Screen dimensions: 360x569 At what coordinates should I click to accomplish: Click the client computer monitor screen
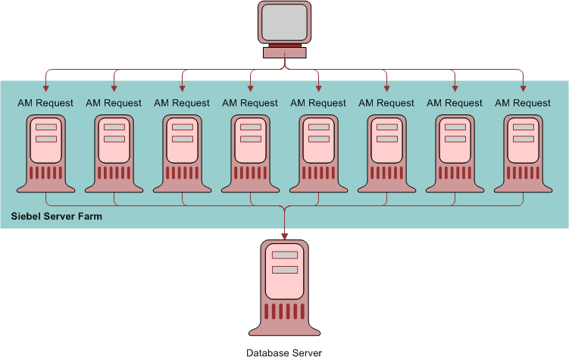284,22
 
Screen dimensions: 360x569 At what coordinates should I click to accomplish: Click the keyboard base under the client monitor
284,52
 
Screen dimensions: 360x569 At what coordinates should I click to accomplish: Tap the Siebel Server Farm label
57,217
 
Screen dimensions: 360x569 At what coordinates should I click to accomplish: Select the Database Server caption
284,352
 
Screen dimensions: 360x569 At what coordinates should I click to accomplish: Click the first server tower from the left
45,152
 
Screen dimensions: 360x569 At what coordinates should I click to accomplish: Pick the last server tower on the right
523,152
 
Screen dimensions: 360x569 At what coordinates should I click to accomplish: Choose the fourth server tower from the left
250,152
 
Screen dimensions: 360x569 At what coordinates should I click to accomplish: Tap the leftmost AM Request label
45,103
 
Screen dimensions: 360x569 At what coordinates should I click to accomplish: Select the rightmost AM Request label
523,103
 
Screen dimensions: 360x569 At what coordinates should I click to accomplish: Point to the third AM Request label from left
182,103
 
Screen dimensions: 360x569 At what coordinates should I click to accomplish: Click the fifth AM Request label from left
318,103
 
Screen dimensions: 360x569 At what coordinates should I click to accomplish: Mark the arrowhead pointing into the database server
284,234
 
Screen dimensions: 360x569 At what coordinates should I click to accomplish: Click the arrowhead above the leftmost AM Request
45,85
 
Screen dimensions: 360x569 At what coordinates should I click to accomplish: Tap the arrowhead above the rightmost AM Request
523,85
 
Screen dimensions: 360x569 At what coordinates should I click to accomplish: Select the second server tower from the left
114,152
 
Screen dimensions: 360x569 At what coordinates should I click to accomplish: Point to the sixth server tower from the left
386,152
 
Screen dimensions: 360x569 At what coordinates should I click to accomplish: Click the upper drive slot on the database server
284,255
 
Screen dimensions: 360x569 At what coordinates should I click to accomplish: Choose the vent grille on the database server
284,311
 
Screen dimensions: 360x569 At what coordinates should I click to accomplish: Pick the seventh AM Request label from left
455,103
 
